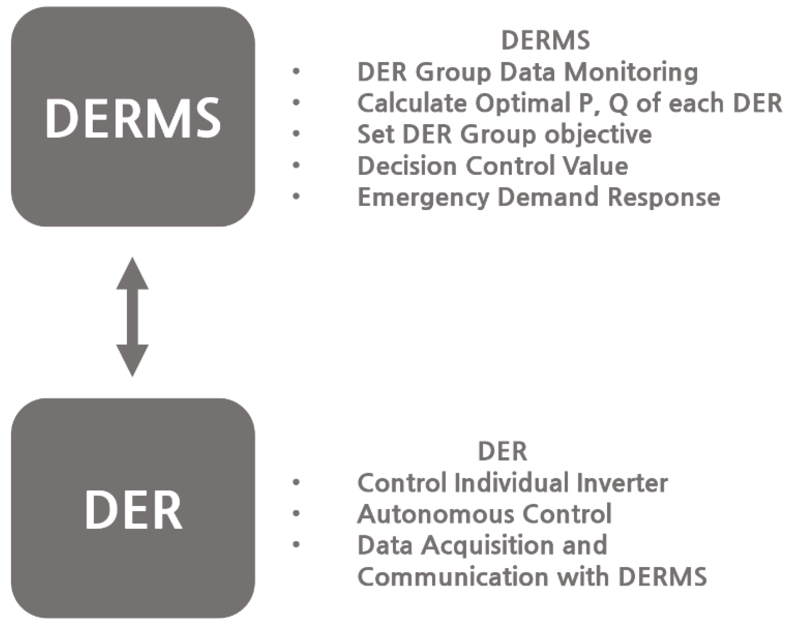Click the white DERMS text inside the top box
133,119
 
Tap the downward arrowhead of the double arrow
132,359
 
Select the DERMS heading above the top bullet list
546,40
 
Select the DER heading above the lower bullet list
502,452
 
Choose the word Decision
407,166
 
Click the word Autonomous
436,514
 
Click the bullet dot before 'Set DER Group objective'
296,134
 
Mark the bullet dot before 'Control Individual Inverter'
296,483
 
